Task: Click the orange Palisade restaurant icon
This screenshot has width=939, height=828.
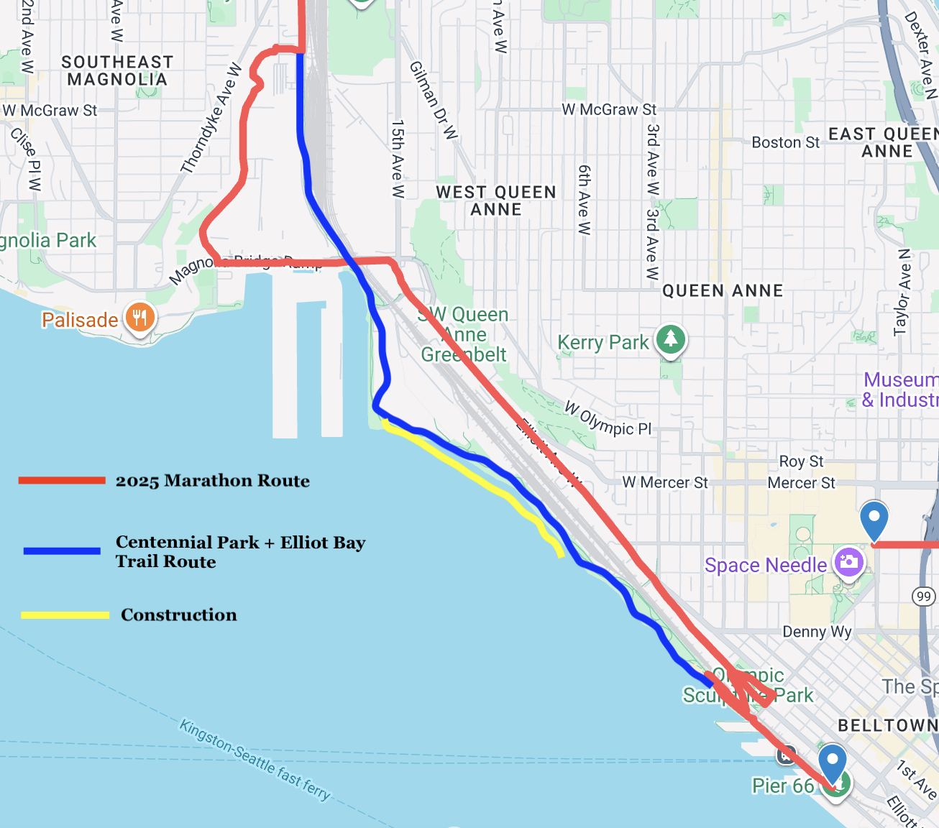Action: (139, 317)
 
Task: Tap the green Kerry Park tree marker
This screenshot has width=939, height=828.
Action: (670, 339)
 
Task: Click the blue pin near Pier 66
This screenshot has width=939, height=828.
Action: (833, 764)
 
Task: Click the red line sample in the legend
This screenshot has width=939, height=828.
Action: (62, 480)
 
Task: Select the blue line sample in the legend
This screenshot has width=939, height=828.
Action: (62, 551)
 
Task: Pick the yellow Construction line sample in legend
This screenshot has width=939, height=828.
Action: (65, 615)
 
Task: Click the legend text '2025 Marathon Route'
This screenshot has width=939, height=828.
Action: (213, 481)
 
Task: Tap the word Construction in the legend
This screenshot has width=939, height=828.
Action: (179, 615)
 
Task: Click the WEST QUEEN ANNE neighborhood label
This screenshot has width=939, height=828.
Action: (496, 201)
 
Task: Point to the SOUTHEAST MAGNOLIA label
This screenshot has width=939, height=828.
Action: (117, 70)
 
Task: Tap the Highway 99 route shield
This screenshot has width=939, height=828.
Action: (923, 596)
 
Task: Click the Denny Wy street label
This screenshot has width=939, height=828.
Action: (817, 632)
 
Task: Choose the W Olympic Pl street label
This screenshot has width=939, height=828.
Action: (608, 418)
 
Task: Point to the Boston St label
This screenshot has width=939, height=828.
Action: (785, 142)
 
